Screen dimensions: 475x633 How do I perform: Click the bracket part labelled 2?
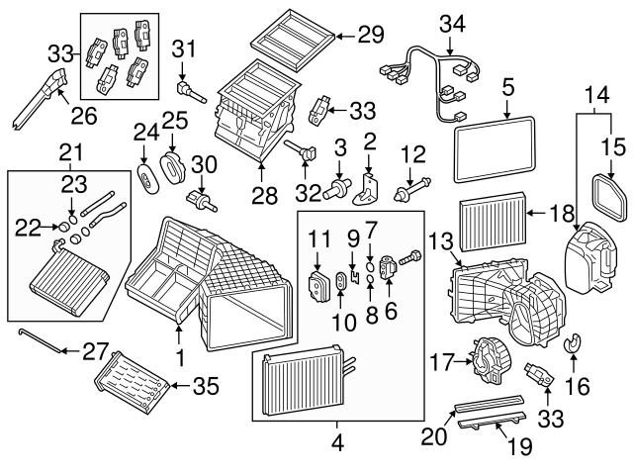[366, 186]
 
